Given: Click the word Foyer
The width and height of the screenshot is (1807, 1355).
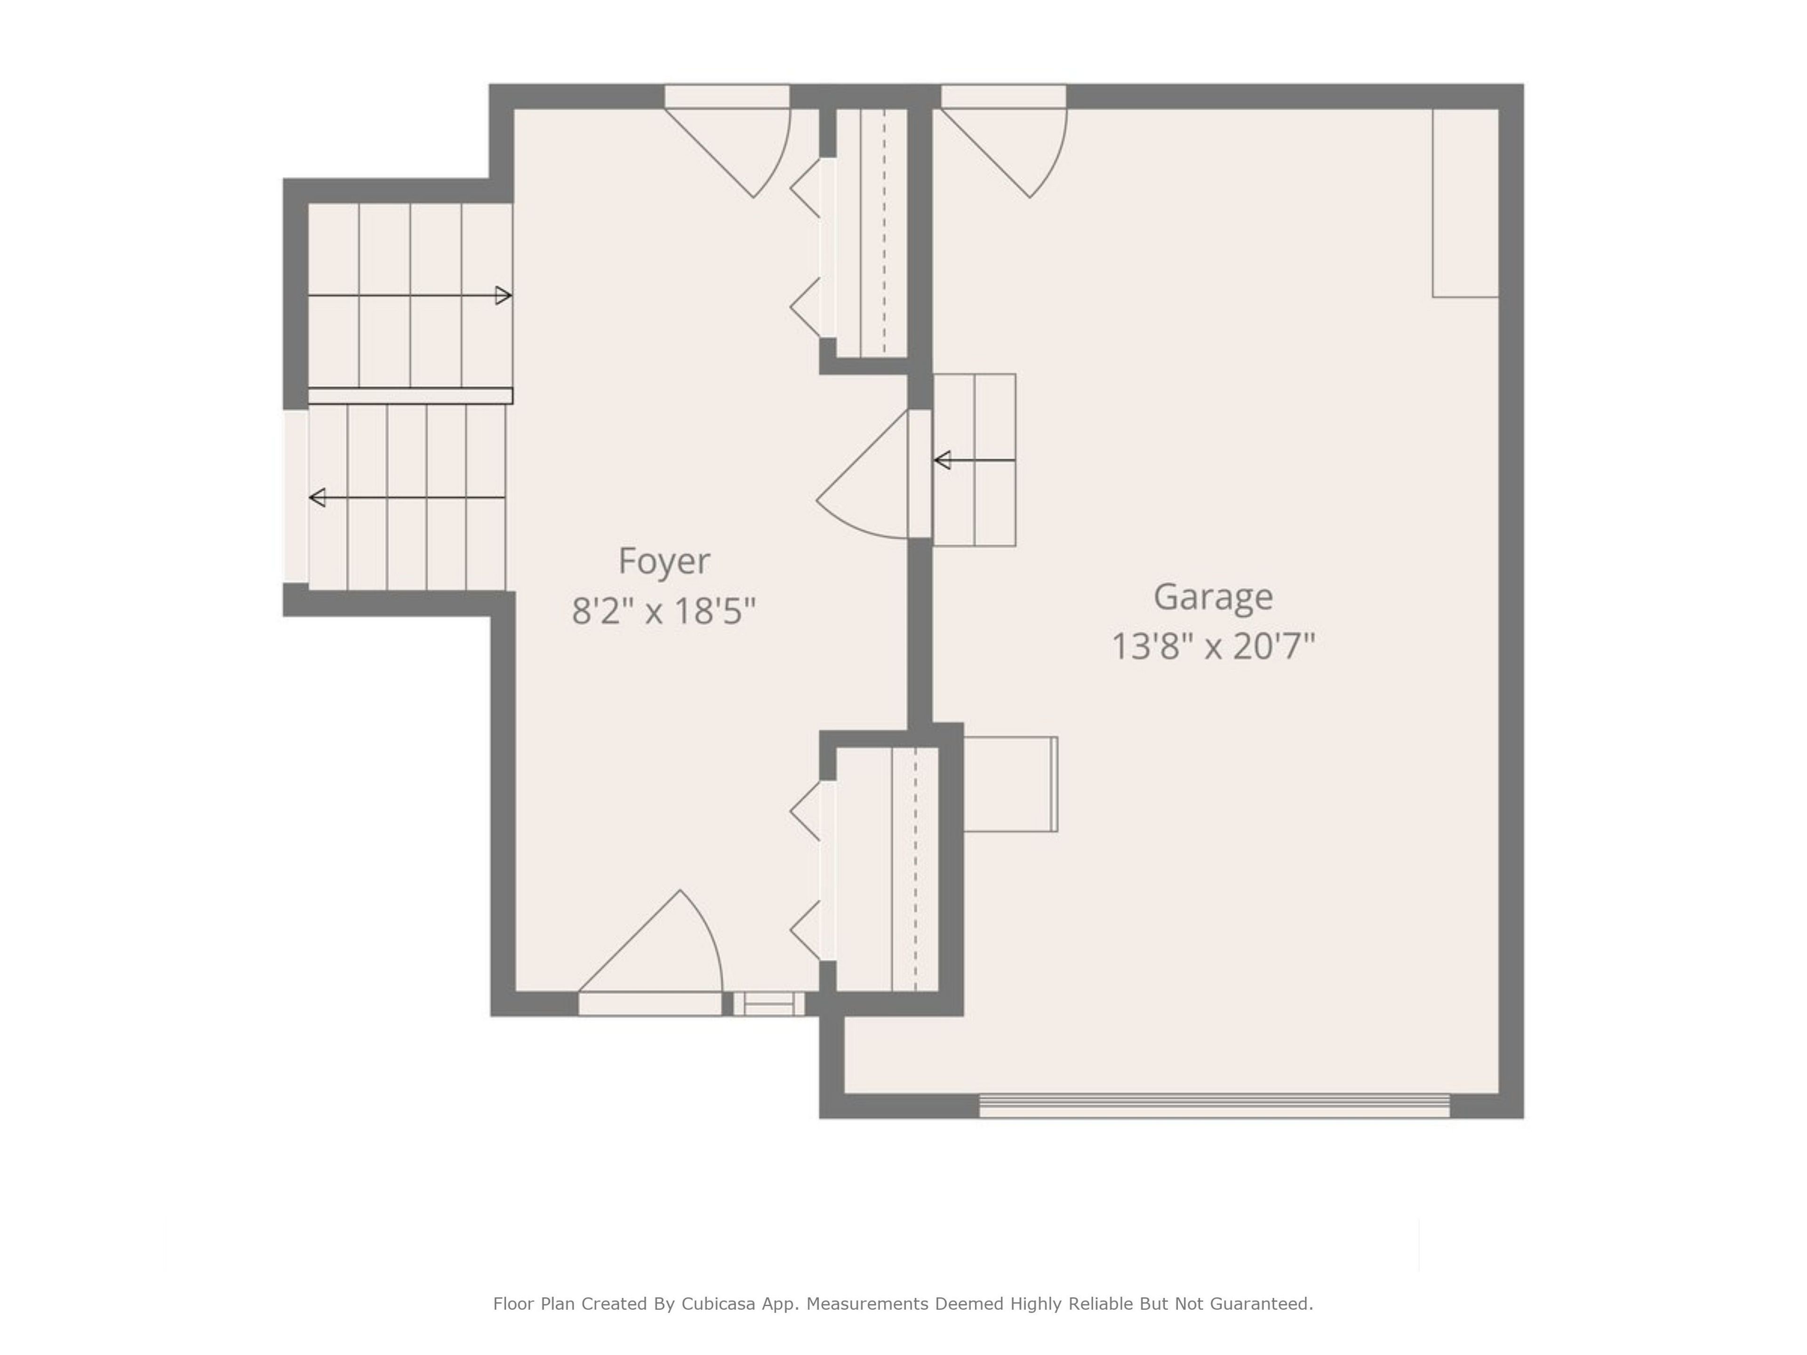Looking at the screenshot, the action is (664, 561).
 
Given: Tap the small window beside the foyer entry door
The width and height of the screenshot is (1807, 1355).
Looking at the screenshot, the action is (769, 1004).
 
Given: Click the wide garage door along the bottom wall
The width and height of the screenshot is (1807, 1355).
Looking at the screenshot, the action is (1214, 1106).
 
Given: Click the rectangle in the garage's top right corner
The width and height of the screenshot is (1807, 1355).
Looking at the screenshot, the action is (1465, 203).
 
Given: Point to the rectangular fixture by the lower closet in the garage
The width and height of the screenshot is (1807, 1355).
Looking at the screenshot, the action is (1010, 784).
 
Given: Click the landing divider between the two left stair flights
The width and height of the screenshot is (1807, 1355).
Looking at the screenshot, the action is (410, 396).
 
